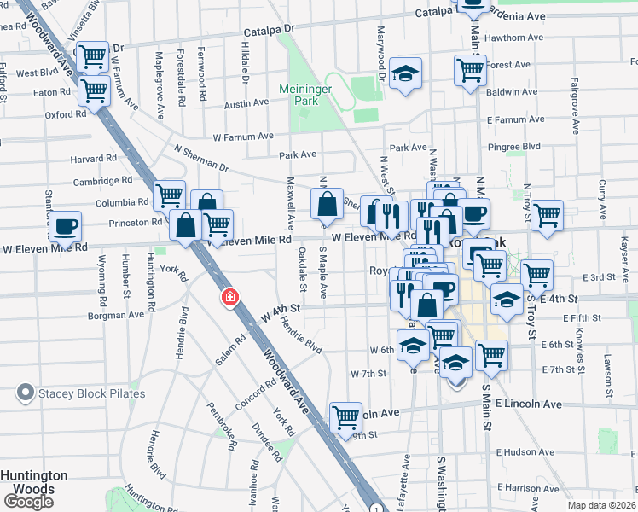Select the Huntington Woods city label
pyautogui.click(x=34, y=482)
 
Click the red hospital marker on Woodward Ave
pyautogui.click(x=229, y=297)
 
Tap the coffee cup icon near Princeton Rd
pyautogui.click(x=65, y=227)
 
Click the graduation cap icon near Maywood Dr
pyautogui.click(x=405, y=73)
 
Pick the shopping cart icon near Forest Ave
pyautogui.click(x=469, y=70)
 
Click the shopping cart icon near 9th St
pyautogui.click(x=345, y=417)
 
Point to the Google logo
pyautogui.click(x=28, y=502)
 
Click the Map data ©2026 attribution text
pyautogui.click(x=601, y=505)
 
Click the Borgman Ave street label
pyautogui.click(x=114, y=315)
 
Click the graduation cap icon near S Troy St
pyautogui.click(x=507, y=300)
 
